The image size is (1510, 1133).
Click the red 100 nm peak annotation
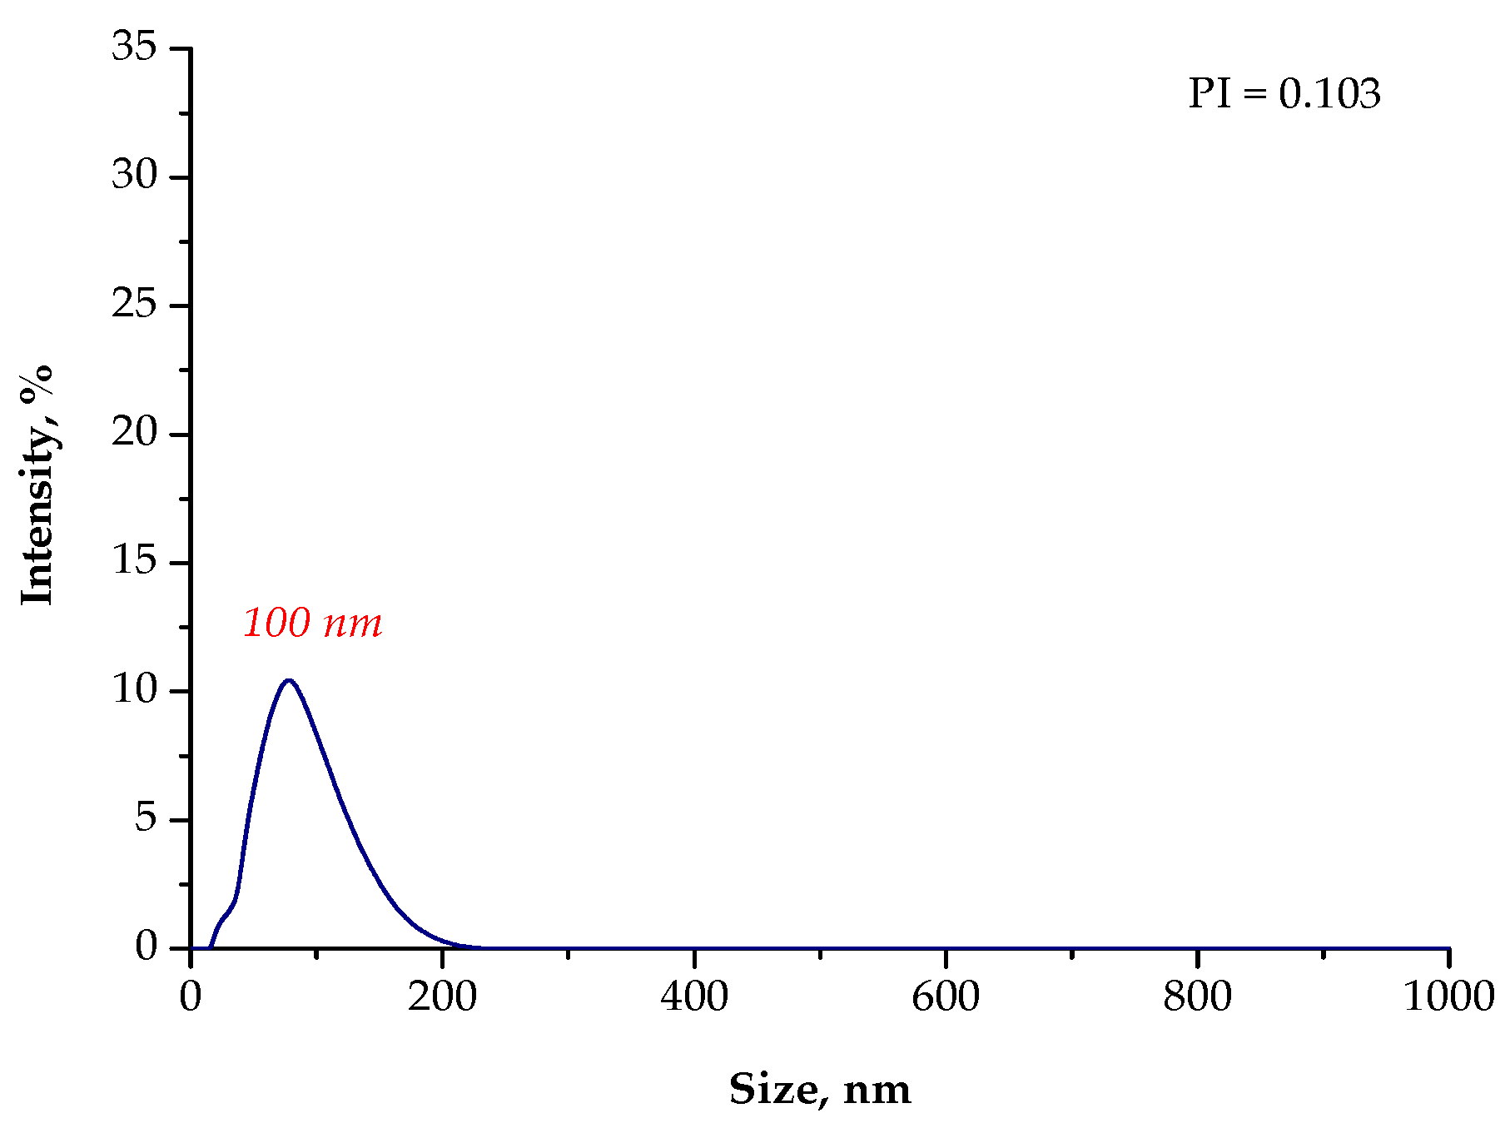click(312, 624)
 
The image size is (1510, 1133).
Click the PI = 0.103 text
click(1284, 94)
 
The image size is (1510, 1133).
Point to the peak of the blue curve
click(289, 681)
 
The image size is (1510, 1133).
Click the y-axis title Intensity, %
click(37, 485)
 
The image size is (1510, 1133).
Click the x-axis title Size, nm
click(820, 1090)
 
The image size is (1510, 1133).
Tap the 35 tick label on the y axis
click(134, 47)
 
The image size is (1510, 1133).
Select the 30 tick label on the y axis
click(134, 176)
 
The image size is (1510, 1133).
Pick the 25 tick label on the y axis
click(134, 305)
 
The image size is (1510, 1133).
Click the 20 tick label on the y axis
click(134, 433)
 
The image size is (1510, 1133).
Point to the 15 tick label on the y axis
click(134, 561)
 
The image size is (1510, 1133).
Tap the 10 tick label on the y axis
click(134, 690)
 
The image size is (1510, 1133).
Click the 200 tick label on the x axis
click(442, 997)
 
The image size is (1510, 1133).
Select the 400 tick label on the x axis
click(694, 997)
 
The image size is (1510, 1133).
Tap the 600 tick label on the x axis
click(946, 997)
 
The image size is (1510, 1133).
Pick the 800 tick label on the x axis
click(1197, 997)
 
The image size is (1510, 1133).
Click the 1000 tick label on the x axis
click(1448, 997)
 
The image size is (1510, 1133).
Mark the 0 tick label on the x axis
click(191, 997)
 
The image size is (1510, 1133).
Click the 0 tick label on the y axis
click(146, 947)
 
